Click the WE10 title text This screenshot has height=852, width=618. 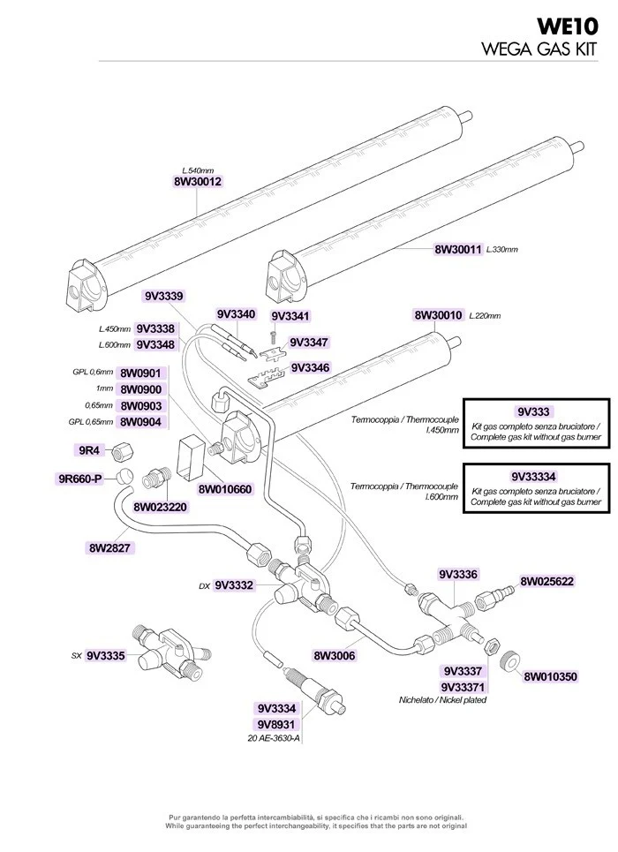click(568, 26)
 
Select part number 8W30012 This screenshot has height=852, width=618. click(198, 182)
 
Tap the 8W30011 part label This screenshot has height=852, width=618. click(458, 249)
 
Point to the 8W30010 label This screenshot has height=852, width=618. click(438, 315)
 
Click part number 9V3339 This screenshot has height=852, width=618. click(163, 296)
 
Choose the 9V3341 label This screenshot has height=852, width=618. click(290, 316)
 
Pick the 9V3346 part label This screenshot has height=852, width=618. click(310, 368)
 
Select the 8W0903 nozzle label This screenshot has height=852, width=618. click(141, 406)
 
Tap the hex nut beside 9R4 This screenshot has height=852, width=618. click(124, 451)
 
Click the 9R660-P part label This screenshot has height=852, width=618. click(80, 479)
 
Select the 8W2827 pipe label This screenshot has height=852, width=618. click(109, 547)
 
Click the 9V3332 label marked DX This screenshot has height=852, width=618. click(234, 585)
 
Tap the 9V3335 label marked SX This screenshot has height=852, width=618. click(106, 656)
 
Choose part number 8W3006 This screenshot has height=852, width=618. click(335, 656)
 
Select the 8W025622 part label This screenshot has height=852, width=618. click(546, 582)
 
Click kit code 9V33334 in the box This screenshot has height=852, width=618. click(534, 477)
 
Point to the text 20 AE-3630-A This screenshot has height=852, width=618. click(274, 739)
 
